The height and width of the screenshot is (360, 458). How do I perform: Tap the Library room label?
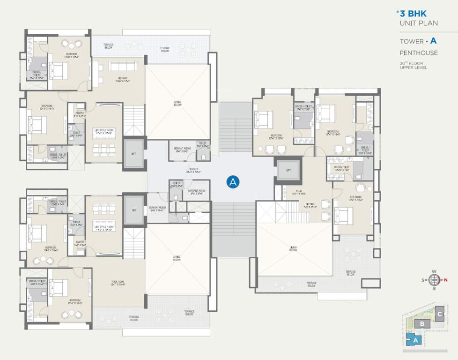(x=123, y=79)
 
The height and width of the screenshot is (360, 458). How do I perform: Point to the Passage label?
(x=193, y=170)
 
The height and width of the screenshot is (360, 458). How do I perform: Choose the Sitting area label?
(x=310, y=205)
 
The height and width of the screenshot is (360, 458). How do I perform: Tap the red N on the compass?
(x=445, y=280)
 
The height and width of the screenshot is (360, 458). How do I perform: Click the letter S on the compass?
(x=424, y=280)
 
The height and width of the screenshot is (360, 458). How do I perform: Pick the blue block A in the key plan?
(x=414, y=339)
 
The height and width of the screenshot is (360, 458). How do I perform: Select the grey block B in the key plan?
(x=422, y=324)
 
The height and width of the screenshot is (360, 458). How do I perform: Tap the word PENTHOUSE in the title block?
(x=418, y=53)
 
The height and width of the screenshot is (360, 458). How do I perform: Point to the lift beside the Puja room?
(x=288, y=171)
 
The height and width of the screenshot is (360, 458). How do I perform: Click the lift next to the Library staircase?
(x=134, y=154)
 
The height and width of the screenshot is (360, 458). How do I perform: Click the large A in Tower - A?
(x=440, y=41)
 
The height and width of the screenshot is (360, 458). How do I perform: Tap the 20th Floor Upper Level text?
(x=413, y=65)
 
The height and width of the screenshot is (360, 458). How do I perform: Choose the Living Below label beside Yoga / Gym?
(x=177, y=258)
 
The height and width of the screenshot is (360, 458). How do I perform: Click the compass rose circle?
(x=434, y=280)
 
